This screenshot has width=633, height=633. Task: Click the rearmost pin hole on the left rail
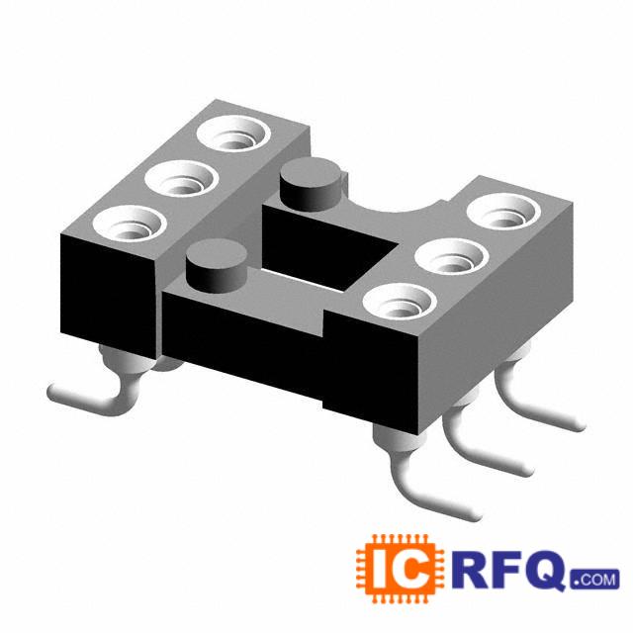point(235,134)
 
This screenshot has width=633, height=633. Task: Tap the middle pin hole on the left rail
point(182,178)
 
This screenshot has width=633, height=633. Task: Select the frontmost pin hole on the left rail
point(130,224)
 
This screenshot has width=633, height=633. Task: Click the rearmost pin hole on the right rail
point(503,211)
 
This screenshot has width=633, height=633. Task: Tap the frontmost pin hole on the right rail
point(400,301)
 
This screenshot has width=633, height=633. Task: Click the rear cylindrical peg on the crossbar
point(312,184)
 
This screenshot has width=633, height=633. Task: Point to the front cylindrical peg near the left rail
point(216,265)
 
